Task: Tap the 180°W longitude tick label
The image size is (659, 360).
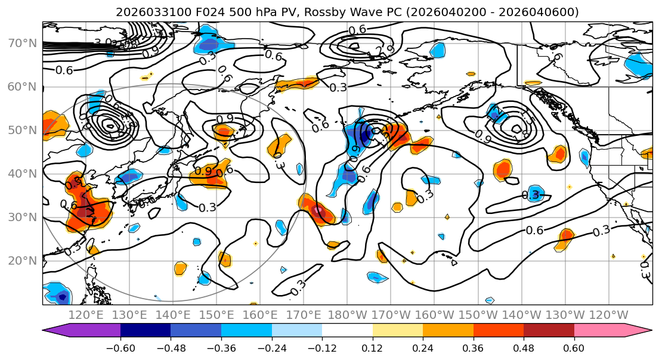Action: click(x=347, y=315)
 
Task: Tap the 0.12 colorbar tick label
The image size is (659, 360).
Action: click(x=372, y=348)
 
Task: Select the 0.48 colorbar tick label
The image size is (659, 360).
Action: click(x=524, y=348)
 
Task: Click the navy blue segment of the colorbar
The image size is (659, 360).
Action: click(x=146, y=331)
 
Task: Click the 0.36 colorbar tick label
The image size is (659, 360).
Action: click(x=473, y=348)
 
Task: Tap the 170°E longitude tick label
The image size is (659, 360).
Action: click(x=304, y=315)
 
